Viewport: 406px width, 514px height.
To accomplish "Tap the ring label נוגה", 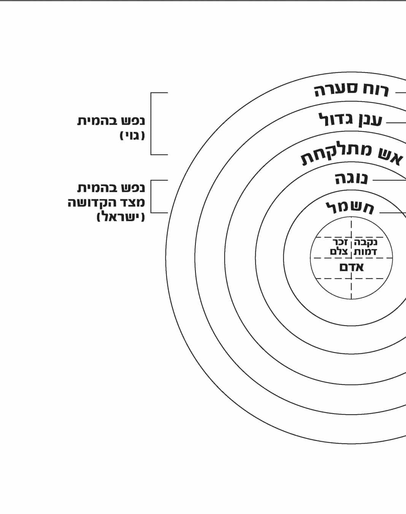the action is coord(351,178).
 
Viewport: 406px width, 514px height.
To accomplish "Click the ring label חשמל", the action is coord(350,208).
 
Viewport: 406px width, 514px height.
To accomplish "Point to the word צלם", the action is coord(339,251).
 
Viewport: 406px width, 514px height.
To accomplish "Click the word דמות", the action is coord(365,252).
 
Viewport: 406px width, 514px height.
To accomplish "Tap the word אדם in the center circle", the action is coord(352,267).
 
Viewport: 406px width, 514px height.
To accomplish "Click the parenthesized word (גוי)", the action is coord(132,136).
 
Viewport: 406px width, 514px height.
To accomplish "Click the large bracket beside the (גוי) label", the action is coord(151,124).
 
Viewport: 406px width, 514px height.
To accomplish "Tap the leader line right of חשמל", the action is coord(393,213).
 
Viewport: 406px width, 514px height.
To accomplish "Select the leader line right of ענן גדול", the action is coord(396,123).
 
